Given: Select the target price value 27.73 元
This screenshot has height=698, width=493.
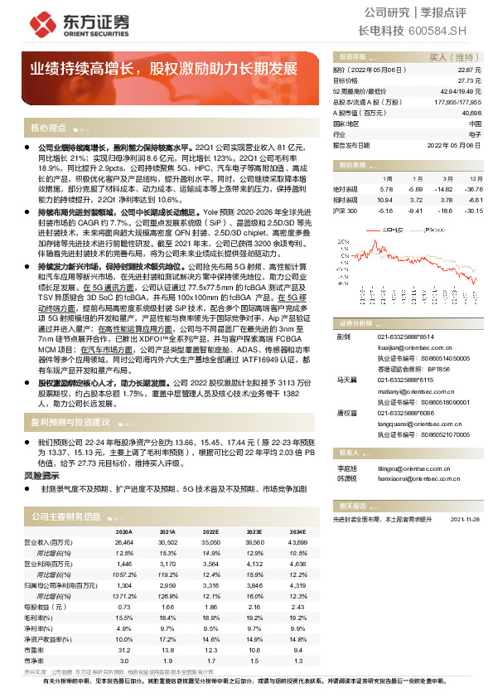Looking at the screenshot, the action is pos(471,81).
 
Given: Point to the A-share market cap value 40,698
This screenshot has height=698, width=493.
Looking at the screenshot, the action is pos(470,112).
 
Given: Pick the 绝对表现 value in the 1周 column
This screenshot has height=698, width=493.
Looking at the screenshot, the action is pos(384,190).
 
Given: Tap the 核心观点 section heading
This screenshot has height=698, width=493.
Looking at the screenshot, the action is pos(48,128).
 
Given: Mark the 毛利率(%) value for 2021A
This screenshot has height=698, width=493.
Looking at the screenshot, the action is pos(167,617).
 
